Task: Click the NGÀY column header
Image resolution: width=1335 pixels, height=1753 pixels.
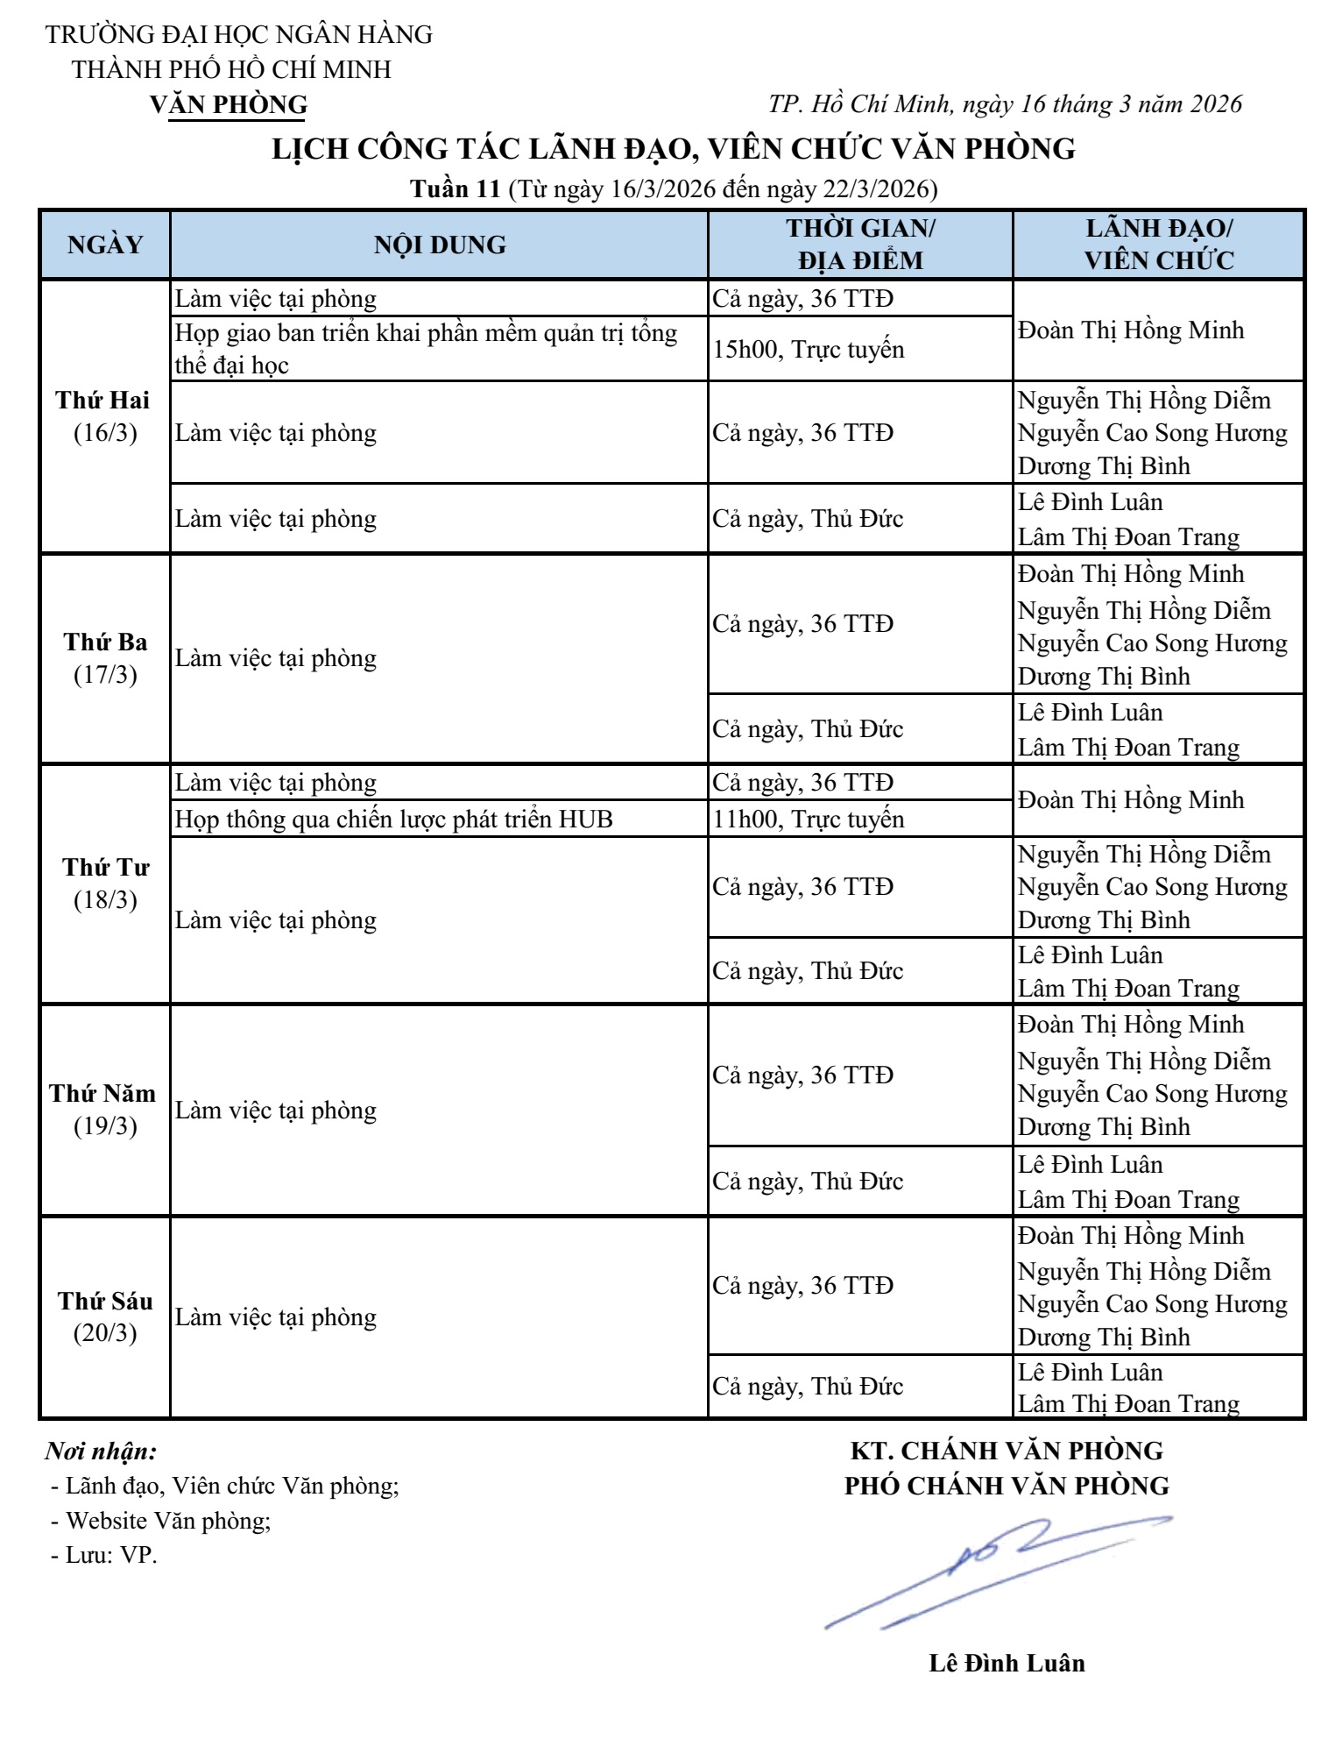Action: click(x=105, y=245)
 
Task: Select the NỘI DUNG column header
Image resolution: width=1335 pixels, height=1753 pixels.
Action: click(x=440, y=245)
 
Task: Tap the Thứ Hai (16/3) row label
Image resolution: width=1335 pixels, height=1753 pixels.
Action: click(x=104, y=416)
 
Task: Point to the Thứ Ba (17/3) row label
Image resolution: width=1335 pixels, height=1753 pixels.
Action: click(x=105, y=658)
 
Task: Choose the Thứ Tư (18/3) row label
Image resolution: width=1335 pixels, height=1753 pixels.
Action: click(x=105, y=884)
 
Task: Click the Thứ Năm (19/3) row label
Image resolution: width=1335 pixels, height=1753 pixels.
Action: click(x=104, y=1110)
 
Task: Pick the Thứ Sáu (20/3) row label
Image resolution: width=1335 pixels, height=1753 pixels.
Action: click(x=105, y=1317)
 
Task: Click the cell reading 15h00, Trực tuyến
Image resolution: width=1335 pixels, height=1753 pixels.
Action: click(x=808, y=349)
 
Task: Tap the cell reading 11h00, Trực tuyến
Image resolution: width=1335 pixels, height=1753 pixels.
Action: click(x=808, y=819)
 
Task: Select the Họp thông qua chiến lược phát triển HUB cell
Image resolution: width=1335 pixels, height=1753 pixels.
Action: click(x=394, y=819)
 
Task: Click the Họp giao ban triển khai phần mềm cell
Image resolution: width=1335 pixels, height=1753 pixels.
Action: click(x=426, y=349)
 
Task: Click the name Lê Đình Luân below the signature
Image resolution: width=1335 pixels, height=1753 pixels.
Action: click(x=1007, y=1664)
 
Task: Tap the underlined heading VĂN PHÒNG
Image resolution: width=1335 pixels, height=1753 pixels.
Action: click(x=229, y=104)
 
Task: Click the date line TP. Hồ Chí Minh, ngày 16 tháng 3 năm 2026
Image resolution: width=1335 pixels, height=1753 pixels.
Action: click(x=1005, y=104)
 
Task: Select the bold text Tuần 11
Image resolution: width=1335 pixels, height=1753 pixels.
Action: click(x=456, y=188)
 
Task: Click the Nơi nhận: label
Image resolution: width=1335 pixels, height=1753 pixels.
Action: click(x=102, y=1451)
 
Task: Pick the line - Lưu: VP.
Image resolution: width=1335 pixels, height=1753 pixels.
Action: click(x=103, y=1556)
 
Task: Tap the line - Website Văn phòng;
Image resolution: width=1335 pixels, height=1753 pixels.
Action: click(x=161, y=1521)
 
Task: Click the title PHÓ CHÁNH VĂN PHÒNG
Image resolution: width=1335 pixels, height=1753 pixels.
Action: click(x=1007, y=1487)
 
